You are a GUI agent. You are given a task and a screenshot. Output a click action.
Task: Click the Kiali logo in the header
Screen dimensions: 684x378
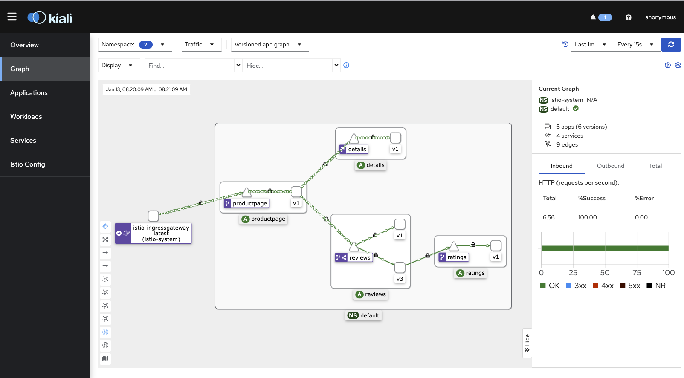click(x=50, y=18)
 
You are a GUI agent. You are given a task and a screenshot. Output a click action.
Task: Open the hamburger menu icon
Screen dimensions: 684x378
click(x=12, y=17)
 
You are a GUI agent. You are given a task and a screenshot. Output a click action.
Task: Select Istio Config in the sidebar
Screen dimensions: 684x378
click(x=27, y=164)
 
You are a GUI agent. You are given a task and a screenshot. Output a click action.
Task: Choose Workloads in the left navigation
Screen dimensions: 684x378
click(x=26, y=116)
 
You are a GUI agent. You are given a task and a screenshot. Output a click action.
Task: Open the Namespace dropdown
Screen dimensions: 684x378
click(x=135, y=45)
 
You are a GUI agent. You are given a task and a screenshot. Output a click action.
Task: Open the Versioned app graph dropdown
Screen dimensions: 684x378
click(x=270, y=45)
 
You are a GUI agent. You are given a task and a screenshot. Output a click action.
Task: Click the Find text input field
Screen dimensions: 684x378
click(x=189, y=66)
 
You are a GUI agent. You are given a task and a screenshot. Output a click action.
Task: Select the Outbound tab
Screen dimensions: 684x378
click(x=610, y=166)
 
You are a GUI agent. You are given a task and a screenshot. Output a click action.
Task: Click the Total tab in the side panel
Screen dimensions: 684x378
click(x=655, y=166)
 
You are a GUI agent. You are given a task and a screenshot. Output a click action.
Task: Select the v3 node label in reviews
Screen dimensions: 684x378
click(x=400, y=279)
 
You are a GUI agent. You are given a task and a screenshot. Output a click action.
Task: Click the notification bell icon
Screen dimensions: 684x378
click(x=593, y=17)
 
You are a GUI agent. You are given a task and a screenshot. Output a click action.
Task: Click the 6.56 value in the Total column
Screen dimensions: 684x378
click(x=548, y=217)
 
